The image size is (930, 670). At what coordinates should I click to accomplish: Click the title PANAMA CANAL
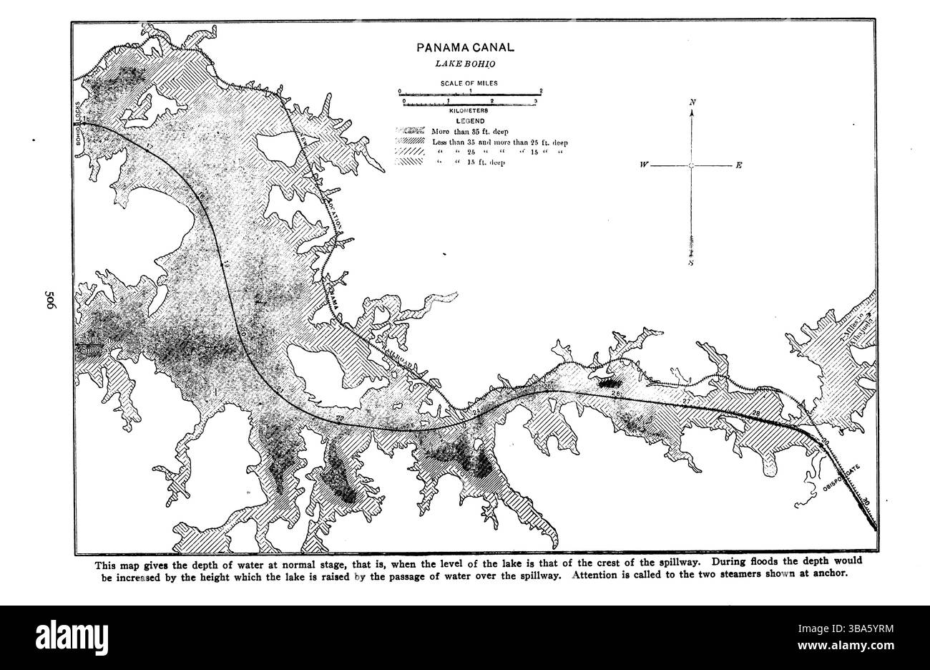[x=466, y=49]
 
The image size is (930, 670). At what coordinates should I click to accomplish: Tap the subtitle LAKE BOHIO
[x=466, y=64]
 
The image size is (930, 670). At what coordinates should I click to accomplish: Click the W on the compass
[x=645, y=165]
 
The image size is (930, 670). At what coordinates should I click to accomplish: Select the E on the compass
[x=738, y=165]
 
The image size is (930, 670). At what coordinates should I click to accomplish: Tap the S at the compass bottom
[x=692, y=263]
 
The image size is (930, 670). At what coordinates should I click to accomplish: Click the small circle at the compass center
[x=692, y=165]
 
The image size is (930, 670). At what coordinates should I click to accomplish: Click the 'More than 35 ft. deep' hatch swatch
[x=412, y=132]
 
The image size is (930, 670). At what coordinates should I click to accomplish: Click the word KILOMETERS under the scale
[x=469, y=111]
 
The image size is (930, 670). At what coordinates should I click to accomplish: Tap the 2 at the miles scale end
[x=542, y=91]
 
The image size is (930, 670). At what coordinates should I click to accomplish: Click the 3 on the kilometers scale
[x=536, y=103]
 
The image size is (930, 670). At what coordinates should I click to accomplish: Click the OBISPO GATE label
[x=842, y=479]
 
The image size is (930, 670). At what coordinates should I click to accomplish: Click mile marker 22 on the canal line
[x=339, y=418]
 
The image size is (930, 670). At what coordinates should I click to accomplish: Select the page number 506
[x=50, y=301]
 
